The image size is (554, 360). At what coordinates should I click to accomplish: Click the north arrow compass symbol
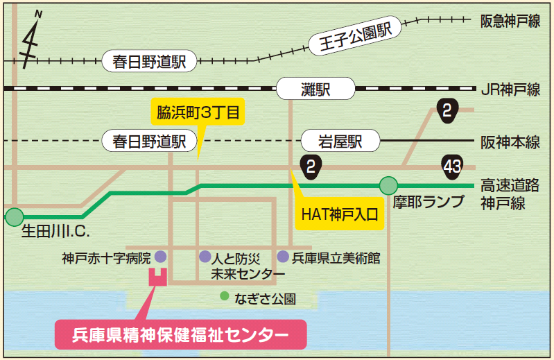31,41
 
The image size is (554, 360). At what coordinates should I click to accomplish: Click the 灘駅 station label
315,89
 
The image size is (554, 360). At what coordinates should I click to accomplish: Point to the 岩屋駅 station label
341,142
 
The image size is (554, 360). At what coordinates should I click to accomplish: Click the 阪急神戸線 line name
510,22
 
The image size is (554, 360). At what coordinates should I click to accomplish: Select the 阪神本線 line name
510,142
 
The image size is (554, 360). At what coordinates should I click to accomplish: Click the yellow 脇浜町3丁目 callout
198,112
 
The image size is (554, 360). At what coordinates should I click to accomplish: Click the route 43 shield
452,167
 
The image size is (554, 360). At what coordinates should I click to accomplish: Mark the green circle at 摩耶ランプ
389,185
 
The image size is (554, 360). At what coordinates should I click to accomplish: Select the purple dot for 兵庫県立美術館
283,257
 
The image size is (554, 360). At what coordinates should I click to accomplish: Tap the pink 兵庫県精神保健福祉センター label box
180,334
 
